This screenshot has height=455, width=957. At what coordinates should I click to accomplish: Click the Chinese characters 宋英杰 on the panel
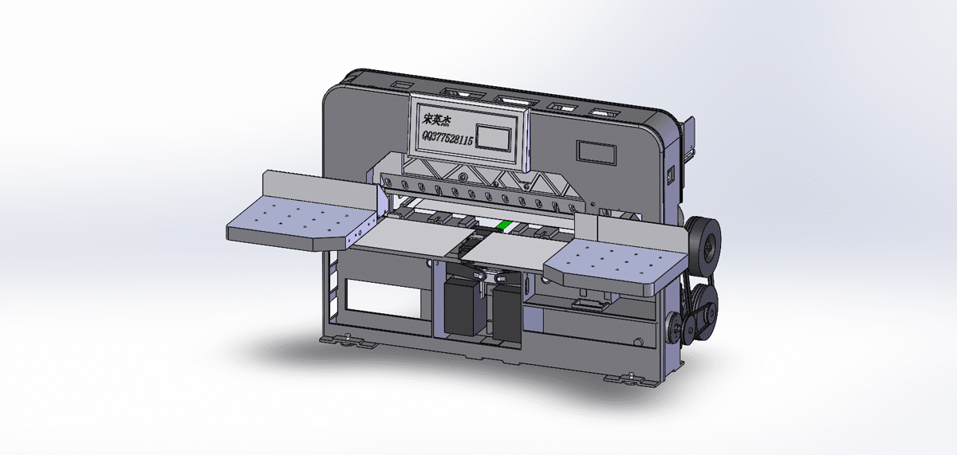(437, 120)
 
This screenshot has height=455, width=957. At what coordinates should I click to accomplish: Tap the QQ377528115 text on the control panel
(447, 139)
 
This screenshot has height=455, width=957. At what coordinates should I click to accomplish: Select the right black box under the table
(506, 311)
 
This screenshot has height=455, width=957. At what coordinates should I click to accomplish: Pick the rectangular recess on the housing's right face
(597, 151)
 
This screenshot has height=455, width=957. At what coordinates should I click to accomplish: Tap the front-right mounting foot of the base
(634, 379)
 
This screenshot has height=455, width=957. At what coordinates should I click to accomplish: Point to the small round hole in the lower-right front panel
(638, 343)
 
